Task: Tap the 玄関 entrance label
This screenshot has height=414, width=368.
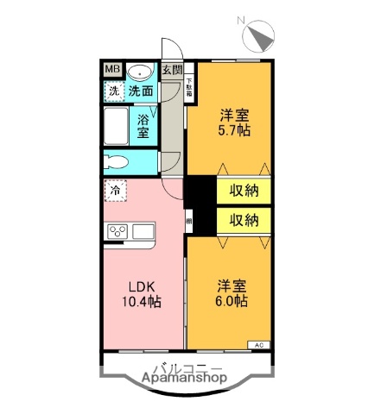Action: tap(172, 71)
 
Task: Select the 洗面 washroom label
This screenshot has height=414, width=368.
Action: tap(142, 90)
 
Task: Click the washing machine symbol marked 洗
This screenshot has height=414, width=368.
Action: tap(114, 90)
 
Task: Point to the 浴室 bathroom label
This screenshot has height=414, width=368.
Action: tap(144, 128)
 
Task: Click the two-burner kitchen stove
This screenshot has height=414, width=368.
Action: tap(118, 231)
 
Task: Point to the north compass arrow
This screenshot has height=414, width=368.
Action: tap(260, 38)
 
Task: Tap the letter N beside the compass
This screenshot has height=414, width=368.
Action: tap(242, 22)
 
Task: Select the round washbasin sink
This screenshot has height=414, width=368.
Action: tap(141, 72)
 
